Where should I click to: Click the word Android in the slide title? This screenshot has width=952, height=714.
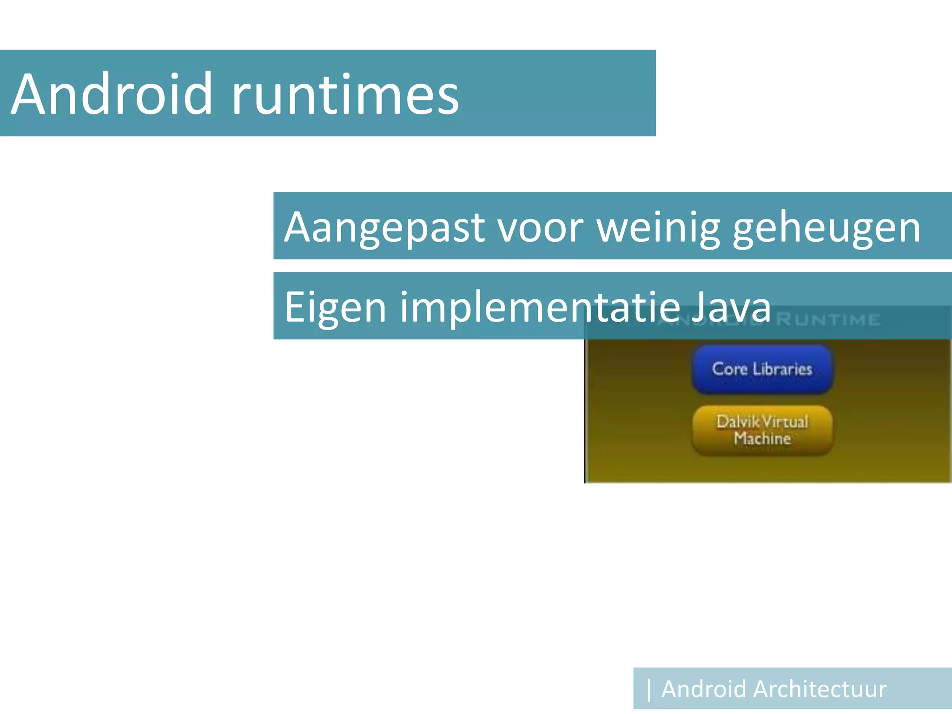pyautogui.click(x=112, y=94)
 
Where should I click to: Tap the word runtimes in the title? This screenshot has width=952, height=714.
pyautogui.click(x=345, y=95)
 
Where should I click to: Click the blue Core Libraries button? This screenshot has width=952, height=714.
pyautogui.click(x=762, y=369)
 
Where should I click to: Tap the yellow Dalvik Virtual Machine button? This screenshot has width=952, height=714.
pyautogui.click(x=762, y=430)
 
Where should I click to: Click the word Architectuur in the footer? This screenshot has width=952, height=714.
pyautogui.click(x=820, y=689)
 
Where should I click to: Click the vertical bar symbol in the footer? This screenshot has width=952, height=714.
pyautogui.click(x=649, y=689)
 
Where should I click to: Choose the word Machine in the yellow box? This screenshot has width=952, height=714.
pyautogui.click(x=762, y=438)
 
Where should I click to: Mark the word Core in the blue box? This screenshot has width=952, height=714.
pyautogui.click(x=730, y=369)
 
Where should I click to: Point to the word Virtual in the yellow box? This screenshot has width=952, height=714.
pyautogui.click(x=786, y=422)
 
